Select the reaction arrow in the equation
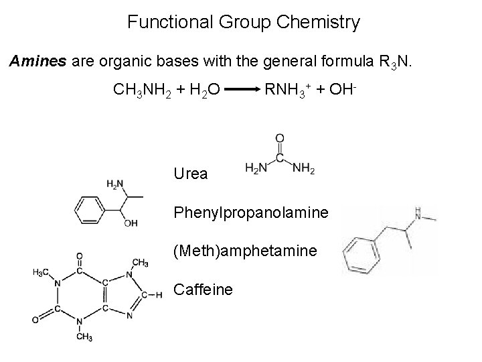click(242, 88)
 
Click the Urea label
click(191, 174)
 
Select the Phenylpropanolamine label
click(251, 213)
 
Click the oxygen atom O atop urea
click(279, 139)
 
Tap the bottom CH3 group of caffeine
click(84, 335)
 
